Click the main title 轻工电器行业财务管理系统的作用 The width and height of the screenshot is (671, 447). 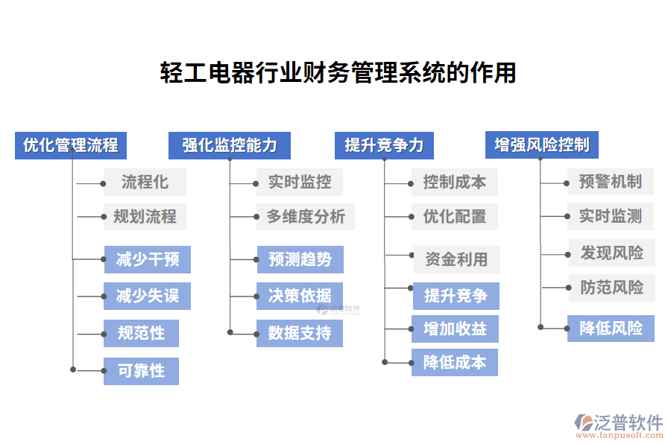pyautogui.click(x=338, y=73)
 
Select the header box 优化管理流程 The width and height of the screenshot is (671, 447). pyautogui.click(x=71, y=145)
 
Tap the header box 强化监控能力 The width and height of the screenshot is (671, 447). pyautogui.click(x=230, y=145)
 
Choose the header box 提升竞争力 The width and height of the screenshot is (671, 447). pyautogui.click(x=384, y=145)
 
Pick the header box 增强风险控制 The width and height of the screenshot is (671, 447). pyautogui.click(x=542, y=145)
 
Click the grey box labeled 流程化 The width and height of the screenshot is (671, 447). pyautogui.click(x=145, y=182)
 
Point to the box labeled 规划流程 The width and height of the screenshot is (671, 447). pyautogui.click(x=145, y=217)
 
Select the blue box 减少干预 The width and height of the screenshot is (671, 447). pyautogui.click(x=147, y=260)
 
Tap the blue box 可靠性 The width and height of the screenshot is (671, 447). pyautogui.click(x=141, y=370)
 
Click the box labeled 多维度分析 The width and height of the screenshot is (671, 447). pyautogui.click(x=306, y=217)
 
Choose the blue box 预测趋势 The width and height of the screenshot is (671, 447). pyautogui.click(x=300, y=260)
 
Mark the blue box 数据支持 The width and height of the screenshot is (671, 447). pyautogui.click(x=300, y=333)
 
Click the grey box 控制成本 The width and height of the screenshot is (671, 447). pyautogui.click(x=455, y=182)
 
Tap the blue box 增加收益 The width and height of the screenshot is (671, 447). pyautogui.click(x=455, y=329)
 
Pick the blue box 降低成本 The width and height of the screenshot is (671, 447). pyautogui.click(x=455, y=363)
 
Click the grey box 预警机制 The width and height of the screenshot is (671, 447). pyautogui.click(x=611, y=182)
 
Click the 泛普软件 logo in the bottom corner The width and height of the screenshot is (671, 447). pyautogui.click(x=618, y=424)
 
